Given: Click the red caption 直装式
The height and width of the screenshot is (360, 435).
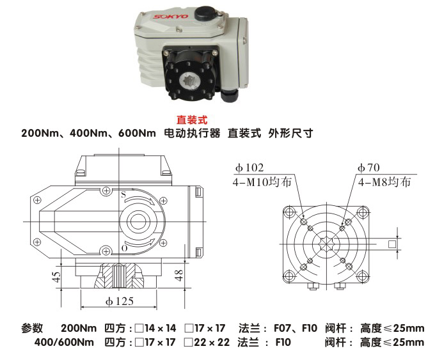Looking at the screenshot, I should click(193, 120).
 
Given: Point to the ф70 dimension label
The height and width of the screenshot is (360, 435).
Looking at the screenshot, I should click(369, 168).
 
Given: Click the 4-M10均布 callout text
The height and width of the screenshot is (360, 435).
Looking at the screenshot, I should click(263, 182).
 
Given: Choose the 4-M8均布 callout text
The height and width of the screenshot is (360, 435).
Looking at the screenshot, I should click(383, 182).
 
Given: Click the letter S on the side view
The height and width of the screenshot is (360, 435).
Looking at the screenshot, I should click(123, 193).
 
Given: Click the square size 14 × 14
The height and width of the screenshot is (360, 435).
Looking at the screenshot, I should click(159, 329).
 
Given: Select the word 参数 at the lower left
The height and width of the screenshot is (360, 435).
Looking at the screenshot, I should click(32, 329).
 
